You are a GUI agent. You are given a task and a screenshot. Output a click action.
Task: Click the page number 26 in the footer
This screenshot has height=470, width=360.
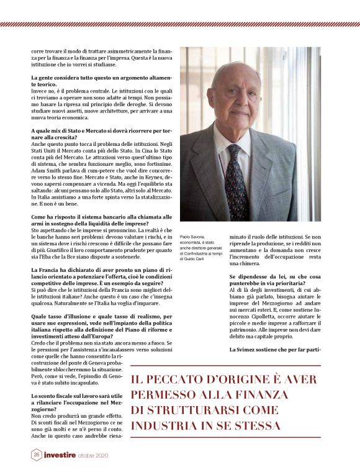pos(37,455)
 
